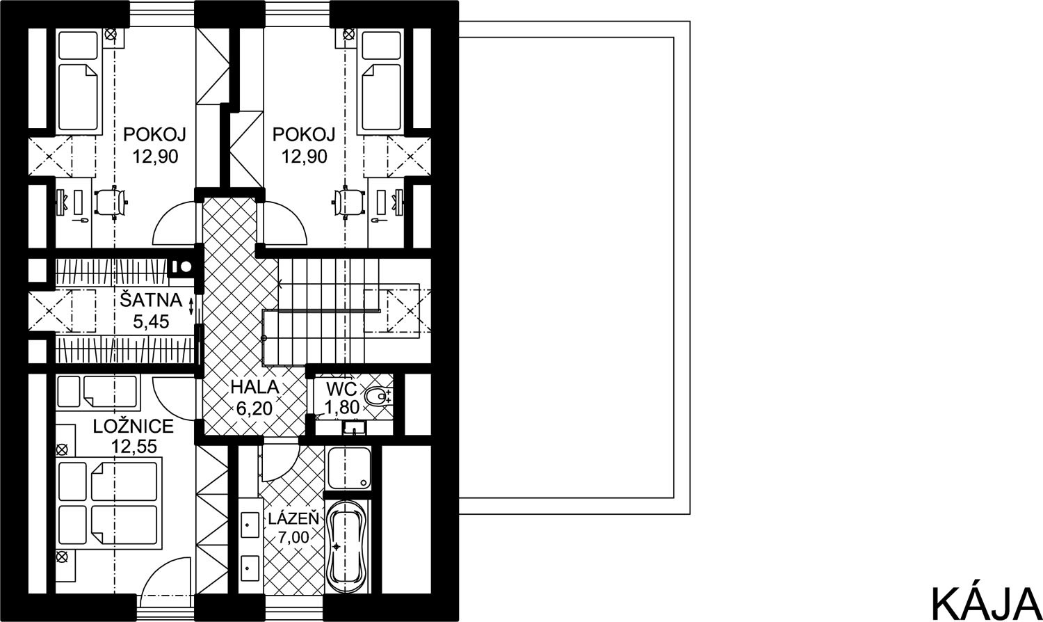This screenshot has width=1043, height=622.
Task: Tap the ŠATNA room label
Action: (x=151, y=300)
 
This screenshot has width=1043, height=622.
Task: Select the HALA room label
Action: (x=254, y=387)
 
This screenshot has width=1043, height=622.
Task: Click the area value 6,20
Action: (x=254, y=408)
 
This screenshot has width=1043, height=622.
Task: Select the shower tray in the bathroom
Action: (x=349, y=468)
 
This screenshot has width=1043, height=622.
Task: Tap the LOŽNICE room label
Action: (x=134, y=426)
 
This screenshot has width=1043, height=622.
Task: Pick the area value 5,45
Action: (x=151, y=321)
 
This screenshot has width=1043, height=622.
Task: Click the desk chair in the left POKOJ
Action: (x=111, y=202)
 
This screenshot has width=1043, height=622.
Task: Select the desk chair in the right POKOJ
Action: (x=348, y=202)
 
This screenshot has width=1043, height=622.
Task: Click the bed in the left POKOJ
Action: (x=79, y=80)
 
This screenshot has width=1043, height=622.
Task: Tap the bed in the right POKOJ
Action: (x=381, y=80)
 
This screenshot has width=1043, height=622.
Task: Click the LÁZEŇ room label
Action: (x=293, y=518)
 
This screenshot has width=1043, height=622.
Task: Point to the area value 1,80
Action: (x=342, y=408)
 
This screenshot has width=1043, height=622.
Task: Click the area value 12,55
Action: (x=134, y=447)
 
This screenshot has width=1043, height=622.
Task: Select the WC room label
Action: (x=341, y=388)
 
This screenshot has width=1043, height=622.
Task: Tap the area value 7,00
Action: (x=293, y=538)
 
